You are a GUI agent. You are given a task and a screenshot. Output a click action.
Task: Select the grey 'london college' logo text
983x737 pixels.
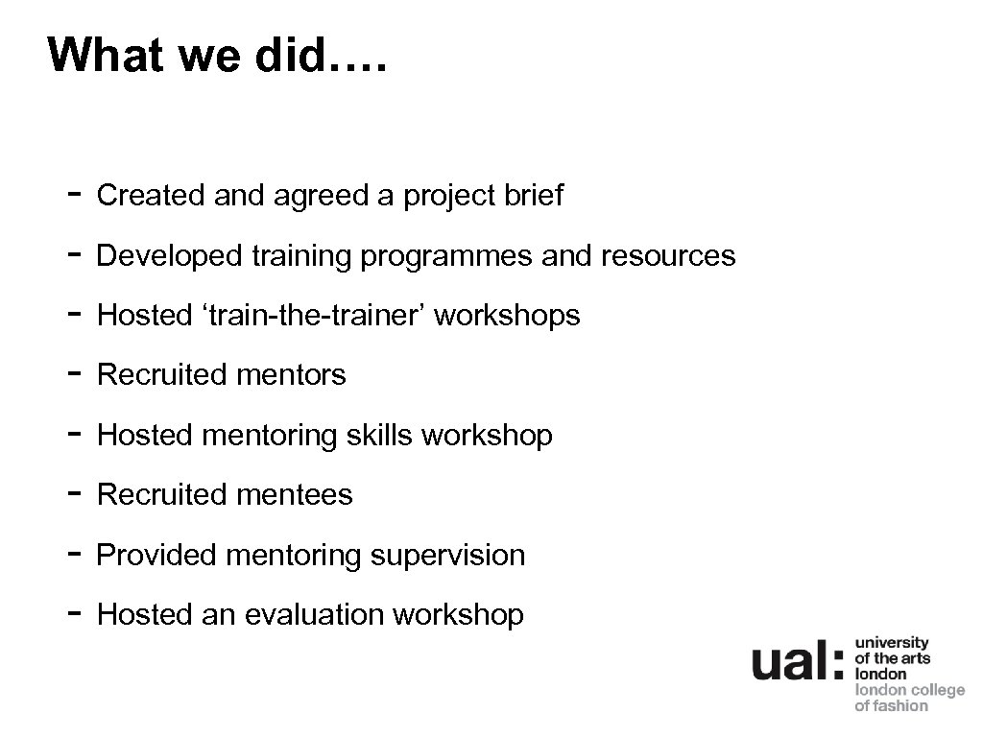coord(909,690)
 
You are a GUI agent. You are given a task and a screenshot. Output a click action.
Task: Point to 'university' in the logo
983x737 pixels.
coord(892,643)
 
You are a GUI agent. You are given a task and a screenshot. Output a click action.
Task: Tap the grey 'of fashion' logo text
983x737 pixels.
coord(892,706)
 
